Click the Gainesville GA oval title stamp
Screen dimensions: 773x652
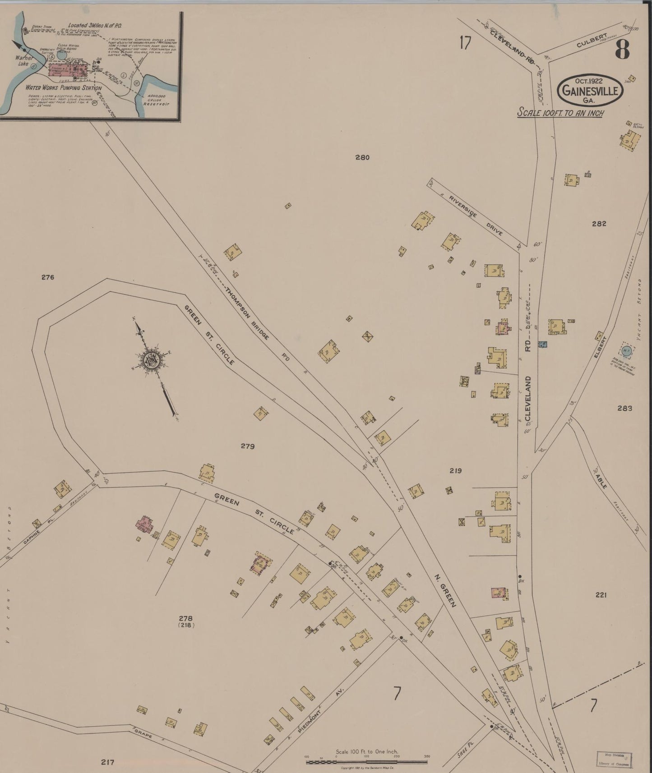coord(591,90)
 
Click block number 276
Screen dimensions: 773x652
coord(47,277)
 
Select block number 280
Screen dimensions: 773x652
coord(362,157)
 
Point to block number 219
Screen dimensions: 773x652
coord(455,471)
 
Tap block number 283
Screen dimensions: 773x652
coord(624,408)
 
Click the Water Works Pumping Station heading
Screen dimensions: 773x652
coord(63,88)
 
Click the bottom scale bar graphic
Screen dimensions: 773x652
coord(366,762)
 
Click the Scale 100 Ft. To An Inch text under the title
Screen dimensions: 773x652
coord(560,112)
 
